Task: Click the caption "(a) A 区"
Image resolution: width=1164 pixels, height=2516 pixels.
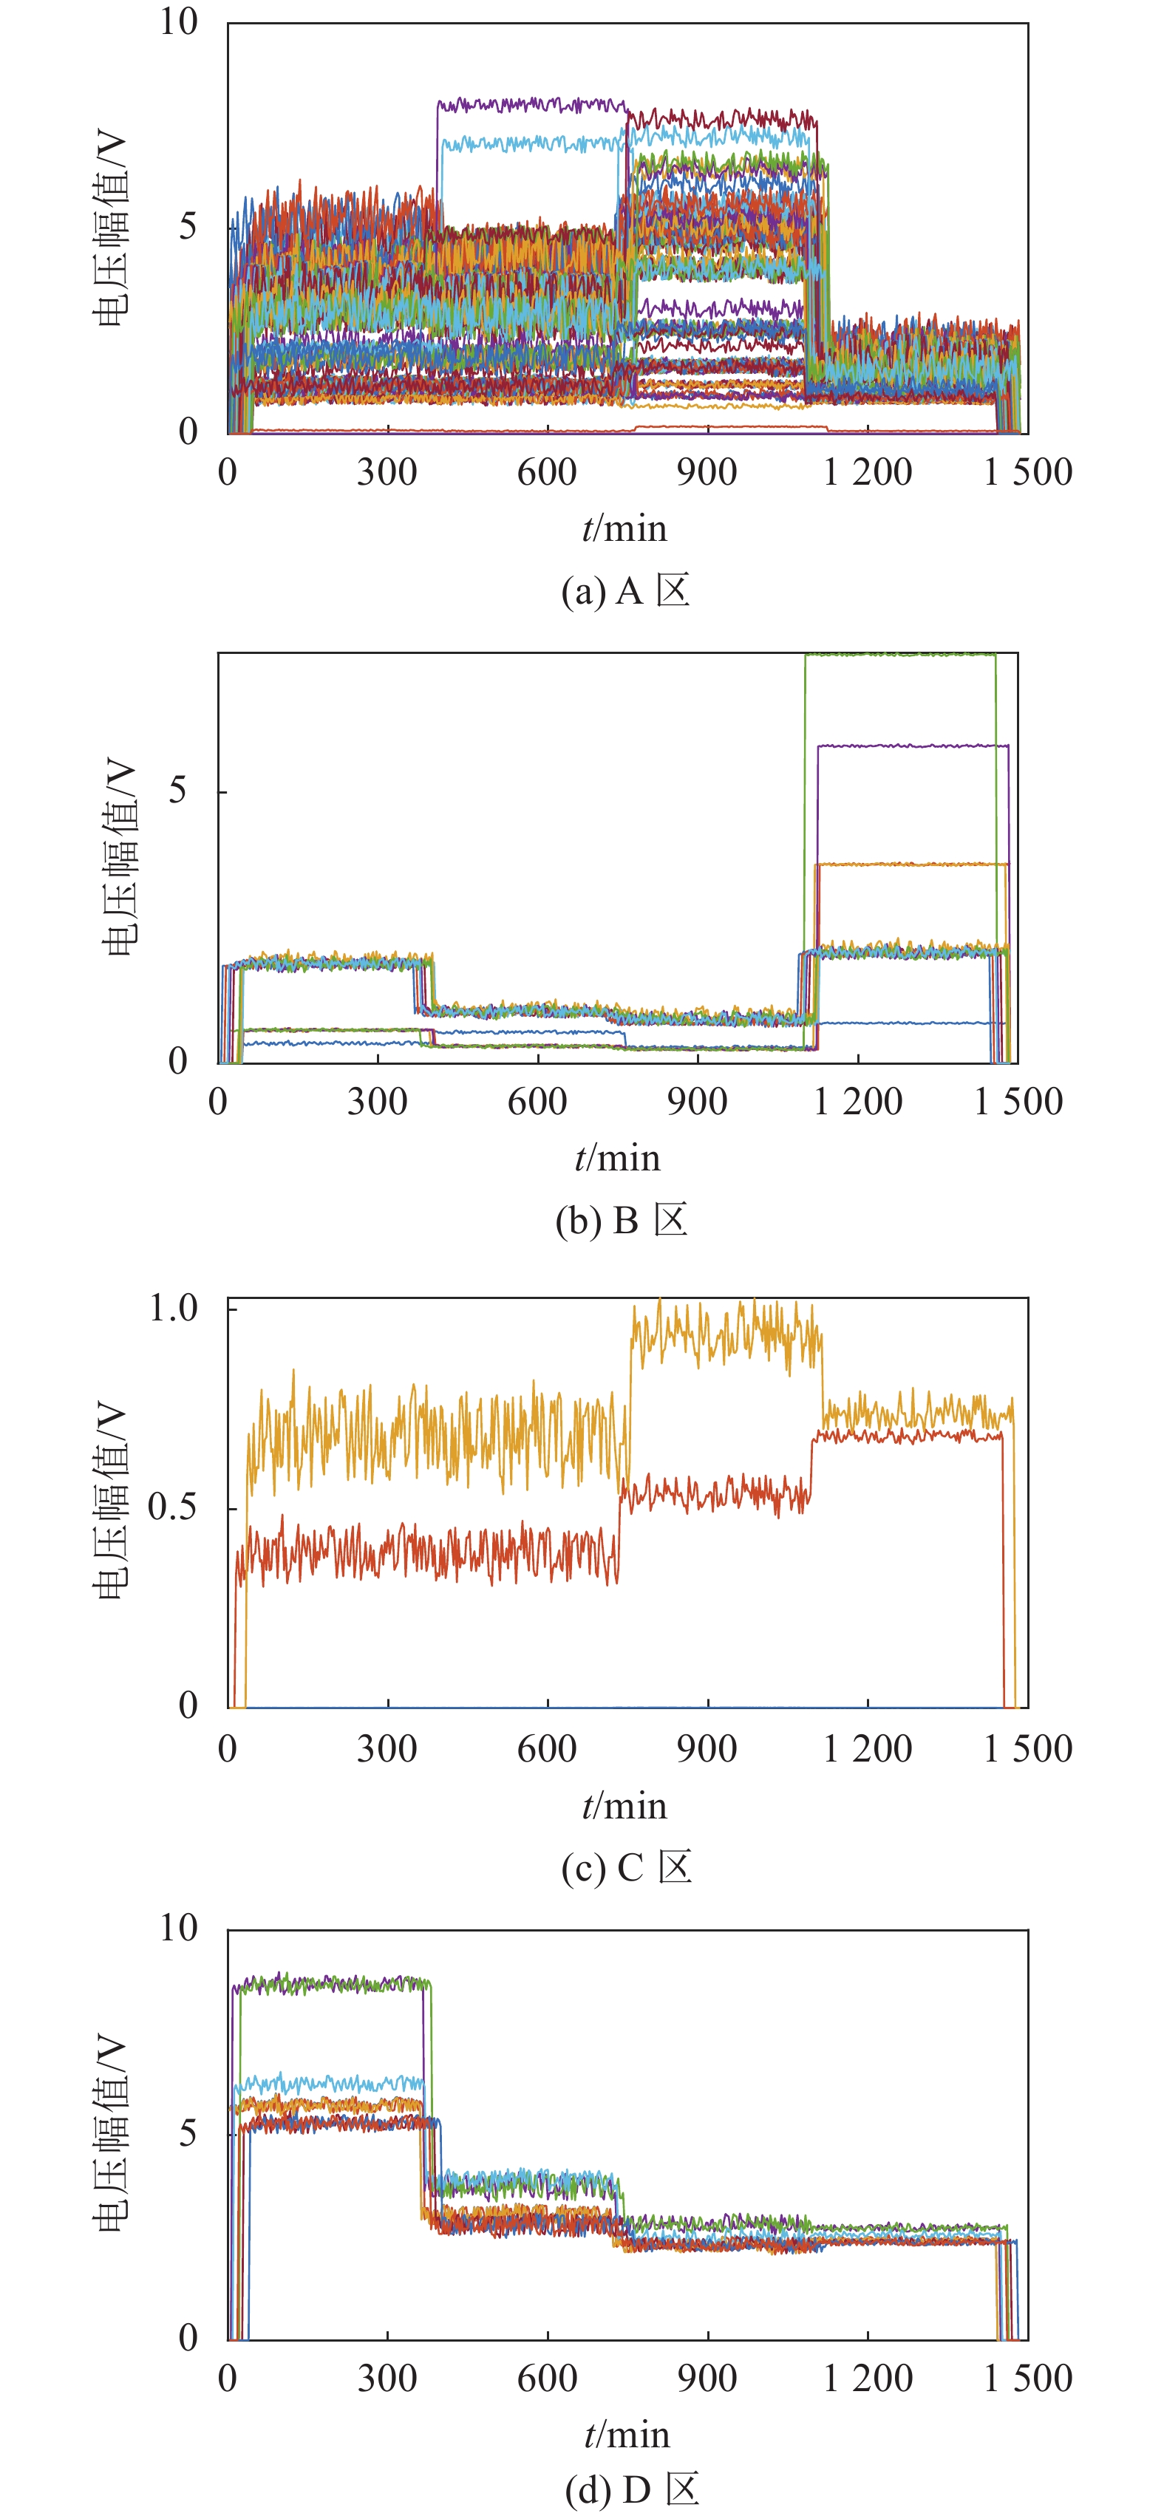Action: pos(625,591)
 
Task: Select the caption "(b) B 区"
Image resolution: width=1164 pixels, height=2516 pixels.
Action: pos(621,1221)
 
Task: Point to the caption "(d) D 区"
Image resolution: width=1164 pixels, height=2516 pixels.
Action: pos(632,2489)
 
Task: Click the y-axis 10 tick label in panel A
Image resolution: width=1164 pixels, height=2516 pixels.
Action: pos(179,21)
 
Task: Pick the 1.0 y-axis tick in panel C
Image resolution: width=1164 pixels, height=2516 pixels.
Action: pos(173,1308)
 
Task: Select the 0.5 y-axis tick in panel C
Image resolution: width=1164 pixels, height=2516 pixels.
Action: pos(173,1507)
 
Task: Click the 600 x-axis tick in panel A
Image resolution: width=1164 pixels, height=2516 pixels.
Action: pos(547,473)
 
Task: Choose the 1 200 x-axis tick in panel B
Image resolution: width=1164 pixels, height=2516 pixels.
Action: pos(857,1102)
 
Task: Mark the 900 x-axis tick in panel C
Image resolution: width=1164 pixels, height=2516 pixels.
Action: pos(707,1748)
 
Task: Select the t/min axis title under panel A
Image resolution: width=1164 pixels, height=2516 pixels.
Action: pos(625,528)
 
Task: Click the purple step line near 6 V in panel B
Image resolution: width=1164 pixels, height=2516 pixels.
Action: pos(913,746)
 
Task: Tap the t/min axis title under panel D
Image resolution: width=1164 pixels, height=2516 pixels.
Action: pos(627,2434)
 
